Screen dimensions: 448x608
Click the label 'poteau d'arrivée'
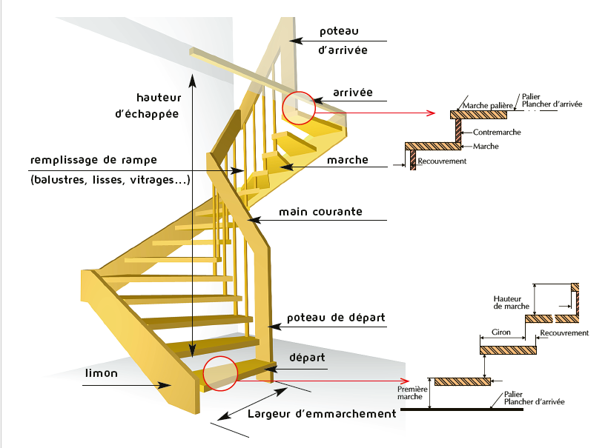(x=343, y=41)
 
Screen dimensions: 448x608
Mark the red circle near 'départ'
(x=220, y=374)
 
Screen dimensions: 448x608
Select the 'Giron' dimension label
(x=501, y=332)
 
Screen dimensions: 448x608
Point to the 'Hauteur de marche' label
(x=512, y=302)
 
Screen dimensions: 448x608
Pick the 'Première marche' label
(x=409, y=392)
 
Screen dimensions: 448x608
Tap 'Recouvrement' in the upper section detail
(x=441, y=161)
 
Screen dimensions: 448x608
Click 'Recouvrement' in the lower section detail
(x=564, y=333)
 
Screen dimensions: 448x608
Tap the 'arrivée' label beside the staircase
(x=353, y=93)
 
